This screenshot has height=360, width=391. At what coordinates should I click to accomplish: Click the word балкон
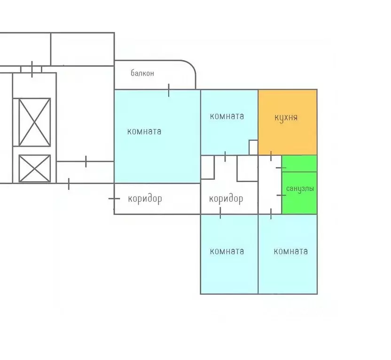[142, 73]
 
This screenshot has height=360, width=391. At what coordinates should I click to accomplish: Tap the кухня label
[286, 117]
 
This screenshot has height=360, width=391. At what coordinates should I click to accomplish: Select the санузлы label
[300, 189]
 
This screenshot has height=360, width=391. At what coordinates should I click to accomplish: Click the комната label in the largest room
[144, 131]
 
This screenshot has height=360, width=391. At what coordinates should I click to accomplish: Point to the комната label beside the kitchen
[227, 116]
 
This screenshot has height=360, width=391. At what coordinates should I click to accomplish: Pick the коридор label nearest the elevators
[145, 199]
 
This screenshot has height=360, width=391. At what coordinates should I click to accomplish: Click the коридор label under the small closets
[226, 199]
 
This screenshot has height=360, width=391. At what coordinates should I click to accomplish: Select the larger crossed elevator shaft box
[34, 122]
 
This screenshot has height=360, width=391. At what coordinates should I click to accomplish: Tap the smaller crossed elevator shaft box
[34, 169]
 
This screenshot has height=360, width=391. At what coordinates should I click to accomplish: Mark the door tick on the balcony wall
[169, 90]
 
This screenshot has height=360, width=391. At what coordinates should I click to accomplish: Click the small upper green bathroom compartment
[299, 163]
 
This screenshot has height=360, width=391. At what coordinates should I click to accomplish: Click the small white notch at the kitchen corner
[253, 147]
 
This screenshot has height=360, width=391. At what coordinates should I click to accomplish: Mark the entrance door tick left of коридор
[114, 199]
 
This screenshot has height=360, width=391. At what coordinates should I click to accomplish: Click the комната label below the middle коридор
[227, 251]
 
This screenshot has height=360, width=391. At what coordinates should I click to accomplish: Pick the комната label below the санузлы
[290, 251]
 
